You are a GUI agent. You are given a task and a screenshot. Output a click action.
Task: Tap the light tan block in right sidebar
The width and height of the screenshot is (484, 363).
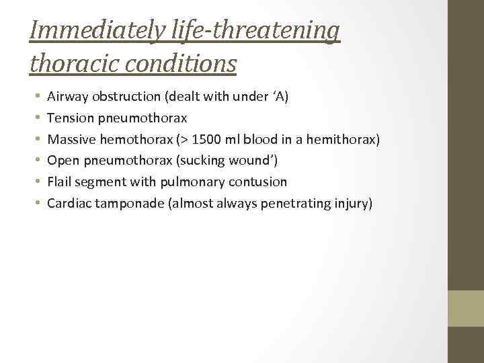tap(466, 309)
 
